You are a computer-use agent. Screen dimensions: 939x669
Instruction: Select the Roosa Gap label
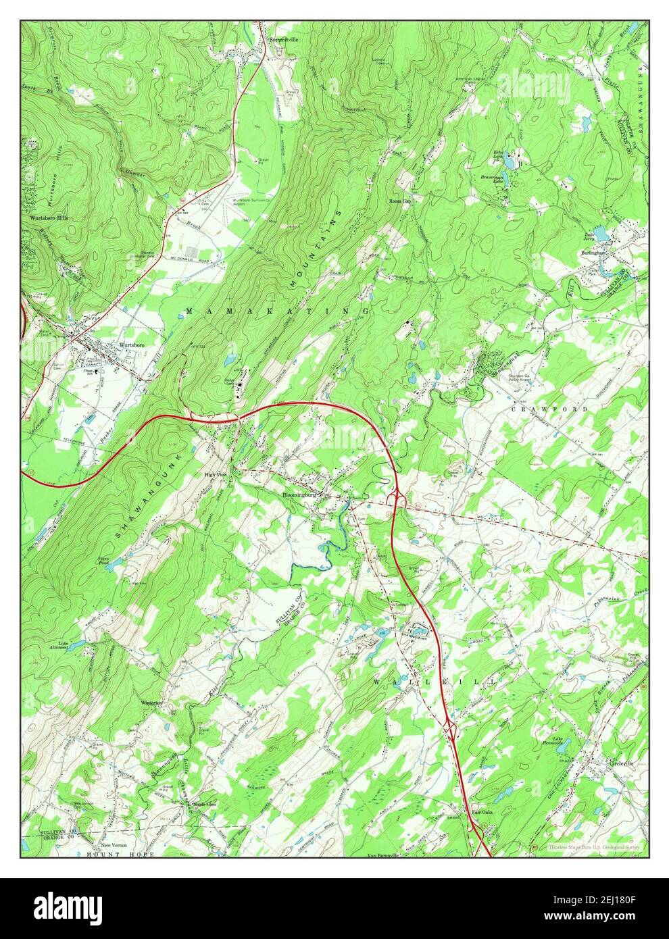click(x=401, y=201)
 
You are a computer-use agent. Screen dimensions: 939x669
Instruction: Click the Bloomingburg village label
click(x=299, y=495)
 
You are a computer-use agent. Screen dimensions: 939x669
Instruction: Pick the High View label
click(x=218, y=475)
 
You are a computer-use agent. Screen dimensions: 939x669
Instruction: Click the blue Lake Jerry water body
click(x=600, y=232)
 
